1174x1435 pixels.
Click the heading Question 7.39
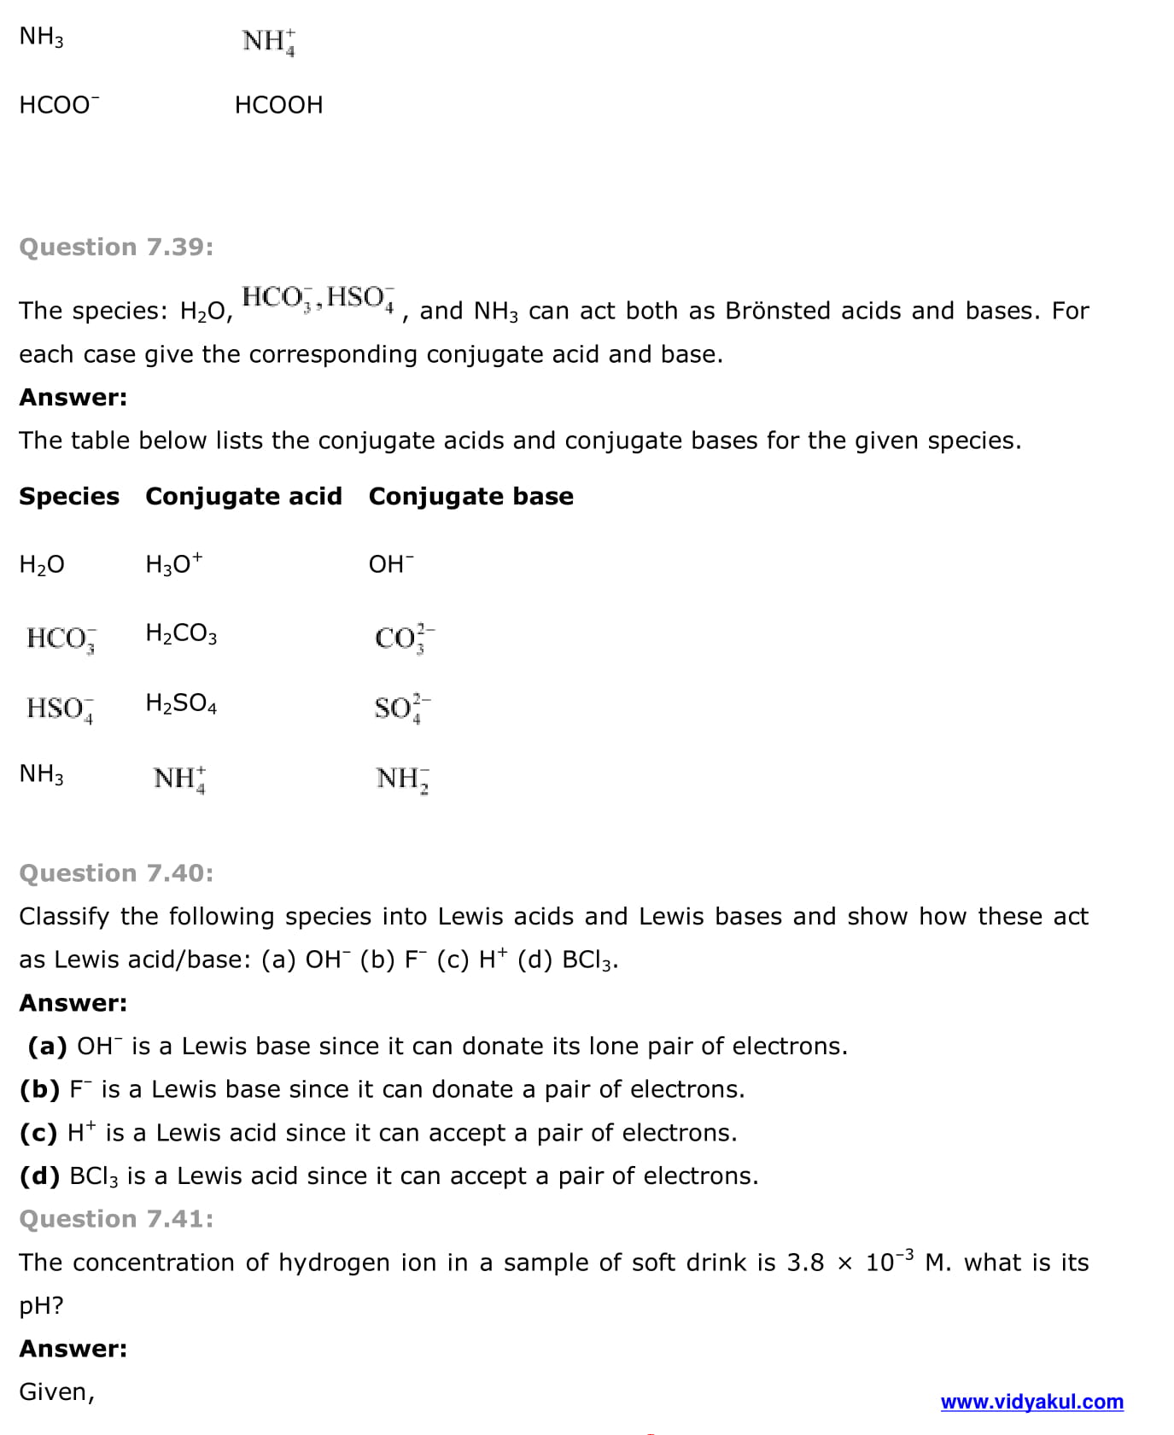coord(116,247)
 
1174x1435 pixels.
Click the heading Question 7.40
coord(116,872)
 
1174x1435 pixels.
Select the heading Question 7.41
coord(116,1218)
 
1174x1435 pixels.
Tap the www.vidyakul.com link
coord(1031,1402)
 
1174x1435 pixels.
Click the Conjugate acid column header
coord(243,496)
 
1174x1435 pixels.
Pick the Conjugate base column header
coord(470,496)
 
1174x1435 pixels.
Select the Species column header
coord(69,496)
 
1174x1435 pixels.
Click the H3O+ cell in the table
coord(173,563)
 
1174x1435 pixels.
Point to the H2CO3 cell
coord(181,633)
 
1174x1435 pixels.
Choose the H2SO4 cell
coord(181,703)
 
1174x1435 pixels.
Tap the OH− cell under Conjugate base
coord(390,563)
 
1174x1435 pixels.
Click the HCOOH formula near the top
coord(278,105)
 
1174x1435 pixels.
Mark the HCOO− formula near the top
coord(59,105)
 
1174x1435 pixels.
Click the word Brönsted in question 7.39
coord(777,311)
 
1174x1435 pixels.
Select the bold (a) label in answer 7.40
coord(47,1046)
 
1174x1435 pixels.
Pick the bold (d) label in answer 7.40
coord(39,1175)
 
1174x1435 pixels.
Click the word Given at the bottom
coord(56,1392)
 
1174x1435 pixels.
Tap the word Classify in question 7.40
coord(64,917)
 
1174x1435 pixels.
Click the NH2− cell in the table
coord(402,779)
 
